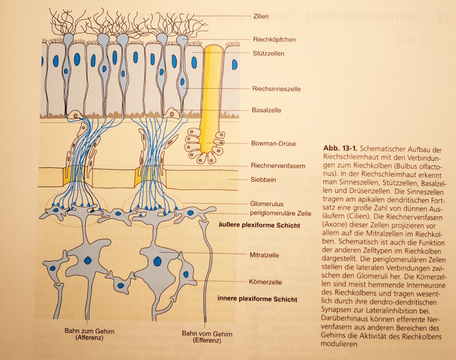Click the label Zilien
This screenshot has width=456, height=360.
pos(259,16)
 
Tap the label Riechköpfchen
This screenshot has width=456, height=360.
pos(274,40)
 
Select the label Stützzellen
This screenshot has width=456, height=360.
pos(268,53)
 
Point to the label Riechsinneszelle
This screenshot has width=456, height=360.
pos(276,89)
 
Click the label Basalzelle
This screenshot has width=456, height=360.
pos(266,110)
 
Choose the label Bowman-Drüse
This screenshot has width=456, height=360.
pos(274,144)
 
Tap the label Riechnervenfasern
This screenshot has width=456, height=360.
pos(278,166)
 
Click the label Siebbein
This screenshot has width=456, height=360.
pos(263,180)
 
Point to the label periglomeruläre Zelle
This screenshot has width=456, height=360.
pos(281,214)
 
